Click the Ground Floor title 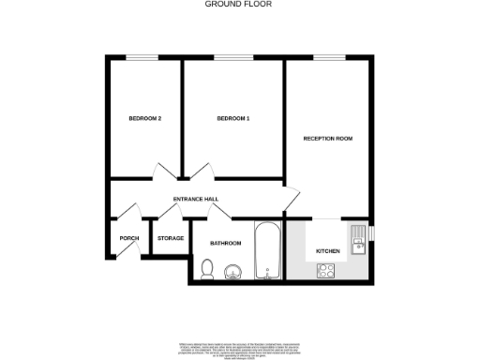[240, 4]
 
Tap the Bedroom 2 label [145, 119]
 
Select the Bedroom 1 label [233, 119]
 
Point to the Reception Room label [327, 139]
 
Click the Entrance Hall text [196, 200]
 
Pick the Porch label [128, 238]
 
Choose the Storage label [171, 238]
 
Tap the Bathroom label [226, 244]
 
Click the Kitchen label [327, 251]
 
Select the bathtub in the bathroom [267, 250]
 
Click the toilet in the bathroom [207, 270]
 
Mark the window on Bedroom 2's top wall [141, 59]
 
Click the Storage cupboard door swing [171, 216]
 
